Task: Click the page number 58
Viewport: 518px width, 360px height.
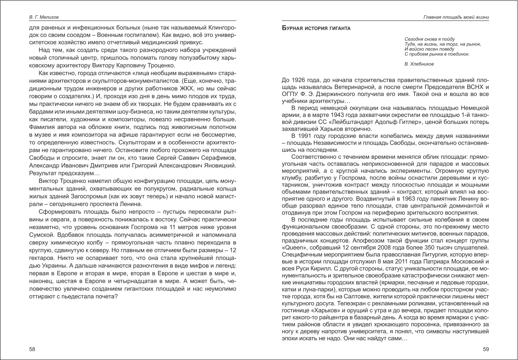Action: pyautogui.click(x=32, y=350)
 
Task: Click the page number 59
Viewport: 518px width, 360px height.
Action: pyautogui.click(x=485, y=350)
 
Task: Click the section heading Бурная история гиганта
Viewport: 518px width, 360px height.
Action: pyautogui.click(x=316, y=29)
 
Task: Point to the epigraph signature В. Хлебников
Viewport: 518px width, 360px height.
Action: pyautogui.click(x=419, y=64)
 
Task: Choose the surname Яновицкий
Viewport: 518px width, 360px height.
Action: pyautogui.click(x=217, y=166)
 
